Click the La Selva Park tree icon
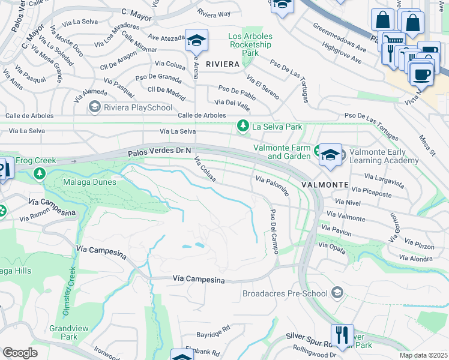tap(243, 126)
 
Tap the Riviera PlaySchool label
tap(130, 107)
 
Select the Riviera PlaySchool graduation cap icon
tap(94, 107)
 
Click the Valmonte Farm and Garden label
tap(282, 152)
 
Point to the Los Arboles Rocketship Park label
tap(250, 44)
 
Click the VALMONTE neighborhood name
tap(325, 184)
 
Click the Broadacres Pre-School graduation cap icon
tap(337, 293)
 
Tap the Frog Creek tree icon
tap(40, 173)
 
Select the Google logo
tap(20, 353)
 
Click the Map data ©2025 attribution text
tap(423, 355)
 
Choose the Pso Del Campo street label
tap(274, 232)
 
